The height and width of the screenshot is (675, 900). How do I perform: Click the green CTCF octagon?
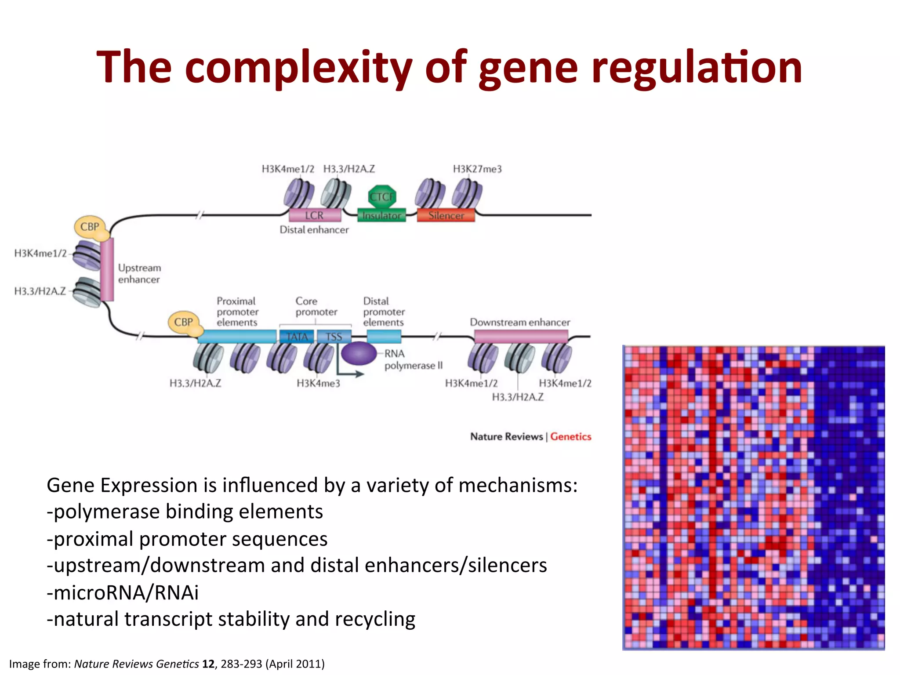pyautogui.click(x=381, y=196)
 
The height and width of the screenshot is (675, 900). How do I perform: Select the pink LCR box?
pyautogui.click(x=315, y=215)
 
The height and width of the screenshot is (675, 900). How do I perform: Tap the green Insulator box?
pyautogui.click(x=381, y=215)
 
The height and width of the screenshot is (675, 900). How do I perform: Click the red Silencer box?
pyautogui.click(x=446, y=215)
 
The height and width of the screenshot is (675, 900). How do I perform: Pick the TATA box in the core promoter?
pyautogui.click(x=297, y=337)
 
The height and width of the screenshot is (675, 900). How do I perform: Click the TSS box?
pyautogui.click(x=334, y=337)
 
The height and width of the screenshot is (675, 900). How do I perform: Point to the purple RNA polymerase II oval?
pyautogui.click(x=359, y=353)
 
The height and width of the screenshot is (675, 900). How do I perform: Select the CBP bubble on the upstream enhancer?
pyautogui.click(x=90, y=227)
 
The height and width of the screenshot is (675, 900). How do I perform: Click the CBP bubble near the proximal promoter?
pyautogui.click(x=183, y=322)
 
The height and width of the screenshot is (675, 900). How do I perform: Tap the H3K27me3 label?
pyautogui.click(x=477, y=169)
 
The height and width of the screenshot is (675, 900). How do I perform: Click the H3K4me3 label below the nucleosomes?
pyautogui.click(x=318, y=384)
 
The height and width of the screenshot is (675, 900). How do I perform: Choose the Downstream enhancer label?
pyautogui.click(x=520, y=322)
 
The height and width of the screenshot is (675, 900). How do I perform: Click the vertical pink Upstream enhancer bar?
pyautogui.click(x=107, y=269)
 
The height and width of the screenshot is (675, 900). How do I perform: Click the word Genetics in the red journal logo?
pyautogui.click(x=570, y=436)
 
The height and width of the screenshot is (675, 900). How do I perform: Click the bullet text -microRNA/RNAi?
pyautogui.click(x=123, y=592)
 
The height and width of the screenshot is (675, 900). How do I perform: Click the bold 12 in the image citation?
pyautogui.click(x=208, y=664)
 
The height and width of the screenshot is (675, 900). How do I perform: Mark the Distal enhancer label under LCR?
pyautogui.click(x=314, y=230)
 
